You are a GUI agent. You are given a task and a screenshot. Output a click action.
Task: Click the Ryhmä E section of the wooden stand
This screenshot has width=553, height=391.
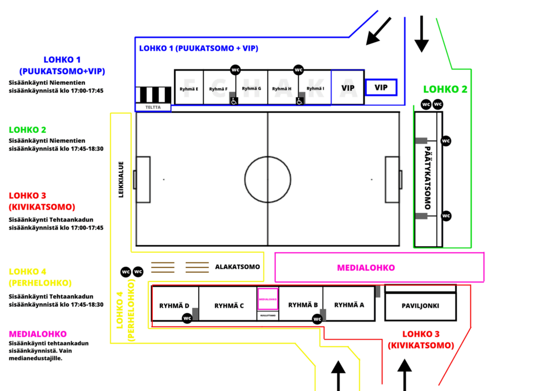tap(189, 89)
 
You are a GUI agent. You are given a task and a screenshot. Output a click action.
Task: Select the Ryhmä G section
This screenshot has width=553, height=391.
tap(252, 88)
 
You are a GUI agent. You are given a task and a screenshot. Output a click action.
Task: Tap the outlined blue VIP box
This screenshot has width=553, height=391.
tap(381, 87)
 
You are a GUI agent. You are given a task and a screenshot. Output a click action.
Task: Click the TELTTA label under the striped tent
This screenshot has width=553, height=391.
tap(153, 107)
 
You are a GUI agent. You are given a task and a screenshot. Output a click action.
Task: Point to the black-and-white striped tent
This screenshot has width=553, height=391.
tap(153, 95)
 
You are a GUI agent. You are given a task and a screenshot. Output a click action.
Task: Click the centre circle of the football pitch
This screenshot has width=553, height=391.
tap(268, 179)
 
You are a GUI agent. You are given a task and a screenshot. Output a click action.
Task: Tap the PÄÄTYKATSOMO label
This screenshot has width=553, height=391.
tap(428, 178)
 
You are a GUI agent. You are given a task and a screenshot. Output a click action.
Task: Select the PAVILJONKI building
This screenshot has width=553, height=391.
tap(420, 306)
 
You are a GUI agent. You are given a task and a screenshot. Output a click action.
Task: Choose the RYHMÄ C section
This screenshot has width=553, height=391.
tap(229, 306)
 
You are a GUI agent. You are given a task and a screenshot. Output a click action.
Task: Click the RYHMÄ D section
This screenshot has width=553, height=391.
tap(174, 306)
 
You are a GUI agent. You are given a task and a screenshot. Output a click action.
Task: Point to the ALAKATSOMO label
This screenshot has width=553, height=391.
tap(238, 267)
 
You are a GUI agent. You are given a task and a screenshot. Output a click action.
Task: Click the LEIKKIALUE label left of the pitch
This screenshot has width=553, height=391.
tap(122, 179)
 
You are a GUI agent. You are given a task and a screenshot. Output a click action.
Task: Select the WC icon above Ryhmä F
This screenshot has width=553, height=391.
tap(235, 70)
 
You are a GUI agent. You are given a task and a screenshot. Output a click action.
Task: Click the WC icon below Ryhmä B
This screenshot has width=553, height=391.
tap(317, 319)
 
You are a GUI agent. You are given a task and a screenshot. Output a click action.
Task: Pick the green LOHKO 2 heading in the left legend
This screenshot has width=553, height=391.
tap(28, 130)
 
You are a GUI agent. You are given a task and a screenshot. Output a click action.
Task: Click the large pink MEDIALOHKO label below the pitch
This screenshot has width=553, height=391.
tap(366, 267)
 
